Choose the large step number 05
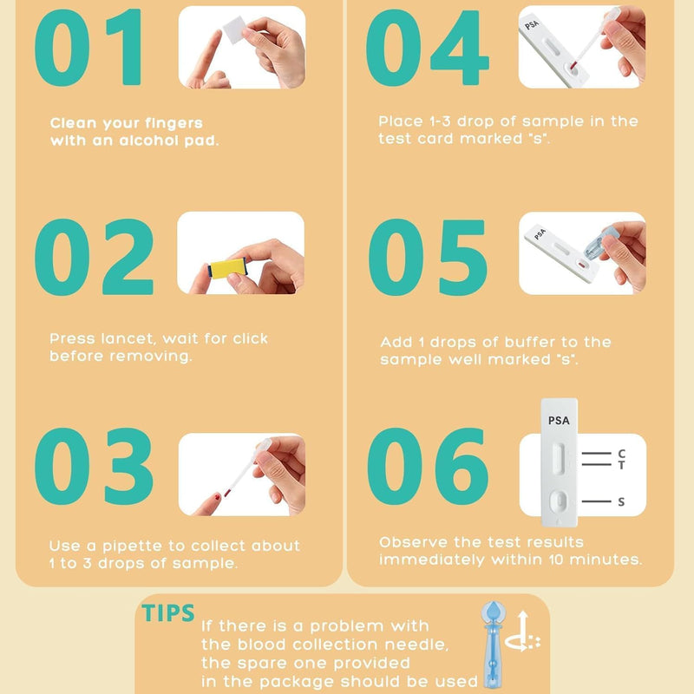click(x=428, y=257)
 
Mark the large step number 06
click(x=428, y=468)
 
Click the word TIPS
click(x=169, y=614)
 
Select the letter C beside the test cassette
click(x=621, y=454)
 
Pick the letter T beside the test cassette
click(x=621, y=466)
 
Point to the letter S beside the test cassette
click(x=621, y=502)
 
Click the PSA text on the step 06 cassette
click(x=560, y=421)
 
